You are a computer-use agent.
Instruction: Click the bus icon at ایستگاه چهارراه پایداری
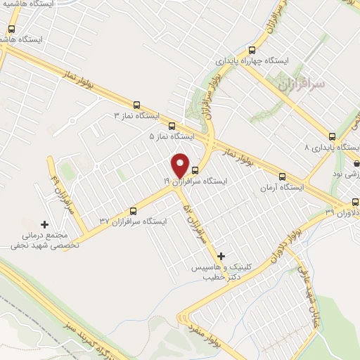point(252,50)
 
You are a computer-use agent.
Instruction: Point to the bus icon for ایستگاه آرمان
point(282,176)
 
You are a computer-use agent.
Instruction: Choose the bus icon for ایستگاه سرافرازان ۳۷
point(134,210)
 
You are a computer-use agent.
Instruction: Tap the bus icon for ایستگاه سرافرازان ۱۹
point(195,170)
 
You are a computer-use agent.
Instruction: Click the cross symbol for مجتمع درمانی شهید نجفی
point(45,224)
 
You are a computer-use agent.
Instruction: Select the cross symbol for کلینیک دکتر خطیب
point(222,256)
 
